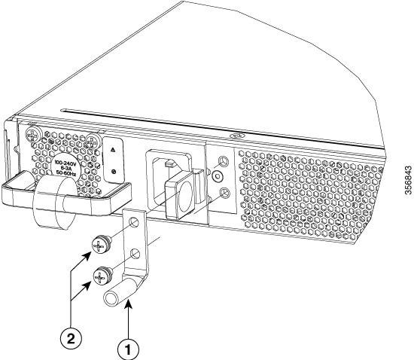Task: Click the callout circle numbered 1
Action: click(x=128, y=349)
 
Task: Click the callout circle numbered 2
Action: click(x=71, y=339)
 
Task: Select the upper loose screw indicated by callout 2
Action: click(x=102, y=244)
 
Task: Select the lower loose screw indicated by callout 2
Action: click(x=102, y=275)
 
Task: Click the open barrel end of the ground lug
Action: click(x=111, y=299)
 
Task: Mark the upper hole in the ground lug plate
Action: click(x=134, y=222)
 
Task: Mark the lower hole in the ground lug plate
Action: click(x=135, y=254)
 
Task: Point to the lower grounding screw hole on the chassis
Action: click(x=224, y=193)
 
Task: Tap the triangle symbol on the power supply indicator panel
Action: click(x=113, y=150)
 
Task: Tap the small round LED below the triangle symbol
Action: click(x=114, y=172)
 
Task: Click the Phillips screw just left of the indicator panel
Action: click(x=93, y=142)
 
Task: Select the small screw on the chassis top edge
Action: click(x=234, y=136)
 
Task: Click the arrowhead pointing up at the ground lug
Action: click(x=128, y=307)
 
